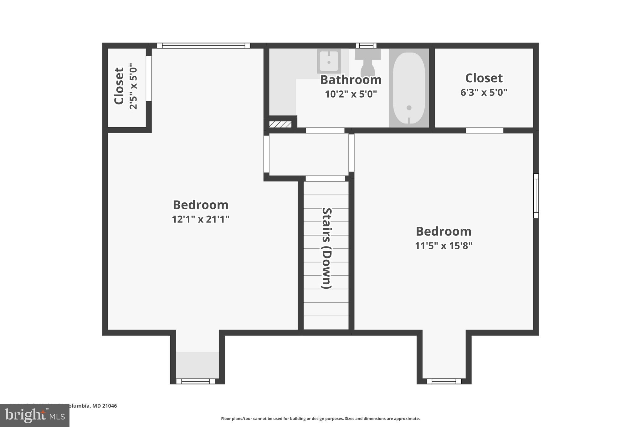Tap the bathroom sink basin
pos(329,61)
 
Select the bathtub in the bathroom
pos(409,88)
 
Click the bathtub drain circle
pos(409,108)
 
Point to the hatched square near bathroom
pos(280,125)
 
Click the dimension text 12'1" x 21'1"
pos(200,219)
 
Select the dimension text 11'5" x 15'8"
pos(443,246)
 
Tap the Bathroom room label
pos(351,80)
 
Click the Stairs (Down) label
pos(326,248)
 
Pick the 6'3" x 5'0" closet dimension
pos(484,93)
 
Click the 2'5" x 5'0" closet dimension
pos(133,86)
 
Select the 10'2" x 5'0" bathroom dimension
pos(351,94)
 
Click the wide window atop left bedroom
pos(203,46)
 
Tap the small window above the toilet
pos(366,46)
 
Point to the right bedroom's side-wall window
pos(536,196)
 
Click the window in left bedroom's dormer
pos(196,381)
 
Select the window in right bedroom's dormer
pos(444,381)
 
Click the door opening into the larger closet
pos(484,130)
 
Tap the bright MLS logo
pos(35,415)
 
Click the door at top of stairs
pos(325,179)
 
